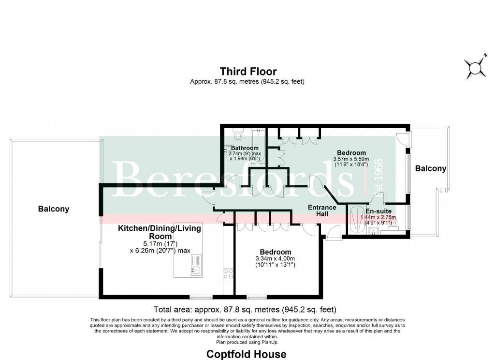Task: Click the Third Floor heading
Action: pos(247,72)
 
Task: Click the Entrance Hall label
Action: pos(321,210)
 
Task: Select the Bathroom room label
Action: pos(244,148)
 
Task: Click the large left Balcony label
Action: pos(54,210)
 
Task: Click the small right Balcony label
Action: pos(430,168)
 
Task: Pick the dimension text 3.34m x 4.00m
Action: pos(276,259)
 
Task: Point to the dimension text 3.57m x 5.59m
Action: pos(352,159)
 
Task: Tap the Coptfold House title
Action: pos(247,354)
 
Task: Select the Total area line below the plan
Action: pos(245,309)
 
